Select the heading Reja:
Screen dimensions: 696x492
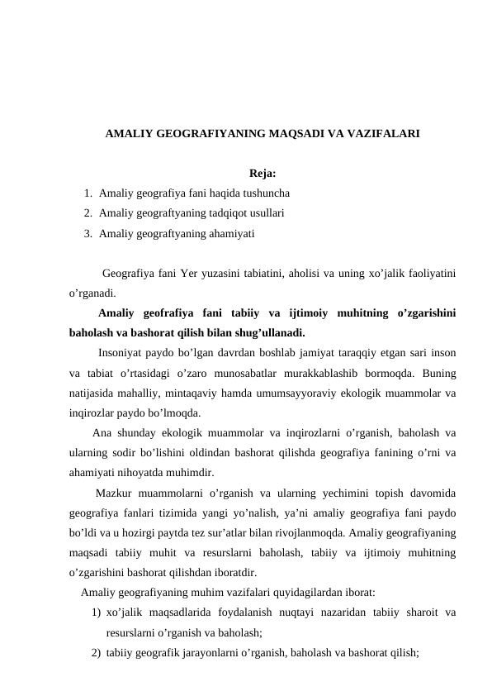pyautogui.click(x=262, y=174)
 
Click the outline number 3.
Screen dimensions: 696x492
pyautogui.click(x=88, y=233)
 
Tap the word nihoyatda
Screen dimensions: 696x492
pyautogui.click(x=141, y=473)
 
